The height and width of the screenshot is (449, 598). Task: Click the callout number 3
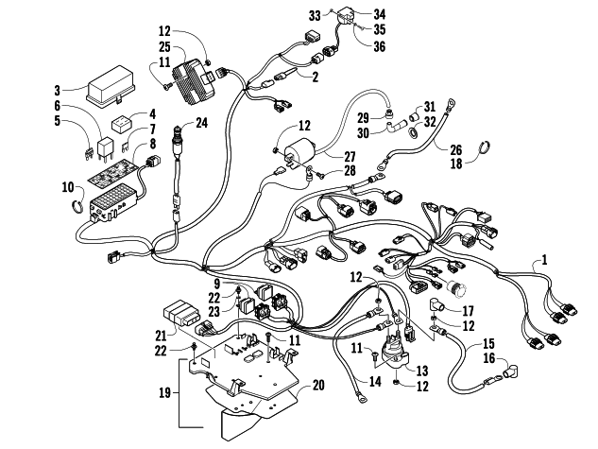(x=58, y=91)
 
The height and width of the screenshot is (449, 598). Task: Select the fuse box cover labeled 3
(x=111, y=87)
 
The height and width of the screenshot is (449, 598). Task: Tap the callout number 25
(x=164, y=47)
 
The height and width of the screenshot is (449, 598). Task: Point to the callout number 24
(x=202, y=123)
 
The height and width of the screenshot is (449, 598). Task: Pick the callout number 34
(x=379, y=14)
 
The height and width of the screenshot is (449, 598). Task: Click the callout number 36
(x=379, y=46)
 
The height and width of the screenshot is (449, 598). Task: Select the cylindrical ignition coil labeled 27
(x=301, y=152)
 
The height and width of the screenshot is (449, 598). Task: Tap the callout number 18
(x=456, y=164)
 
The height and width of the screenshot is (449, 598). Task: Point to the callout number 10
(x=67, y=188)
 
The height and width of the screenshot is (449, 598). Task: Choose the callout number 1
(x=544, y=260)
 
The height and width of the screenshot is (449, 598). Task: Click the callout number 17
(x=468, y=311)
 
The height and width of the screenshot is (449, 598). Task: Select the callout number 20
(x=318, y=386)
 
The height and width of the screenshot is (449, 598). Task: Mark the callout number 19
(x=164, y=392)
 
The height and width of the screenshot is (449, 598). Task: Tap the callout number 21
(x=162, y=336)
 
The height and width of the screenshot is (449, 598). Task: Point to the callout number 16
(x=489, y=358)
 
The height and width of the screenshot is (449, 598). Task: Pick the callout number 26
(x=456, y=150)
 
